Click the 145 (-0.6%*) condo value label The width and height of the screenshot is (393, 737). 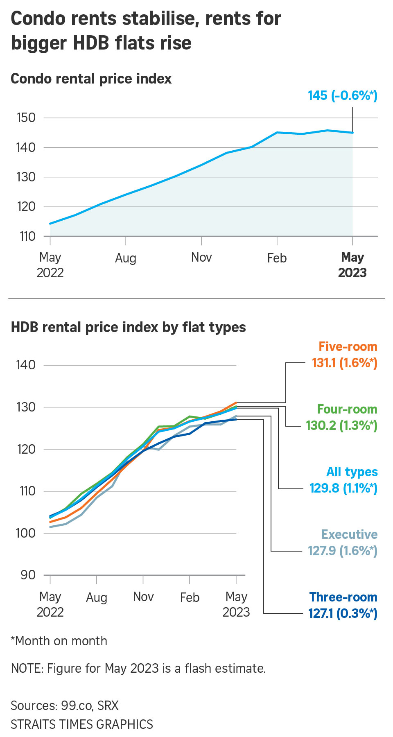click(x=342, y=95)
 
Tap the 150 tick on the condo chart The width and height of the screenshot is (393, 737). click(x=26, y=118)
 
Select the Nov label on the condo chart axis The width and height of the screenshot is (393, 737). click(x=201, y=258)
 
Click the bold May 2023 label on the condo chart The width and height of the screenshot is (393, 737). click(x=352, y=265)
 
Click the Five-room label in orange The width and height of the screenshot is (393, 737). click(x=348, y=346)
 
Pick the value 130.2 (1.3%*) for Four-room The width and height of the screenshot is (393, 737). click(x=341, y=425)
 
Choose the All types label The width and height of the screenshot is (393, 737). click(x=352, y=472)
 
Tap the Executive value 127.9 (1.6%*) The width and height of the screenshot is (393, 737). click(x=342, y=551)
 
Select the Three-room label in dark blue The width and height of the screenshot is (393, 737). click(x=343, y=597)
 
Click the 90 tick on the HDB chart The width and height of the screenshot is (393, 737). click(x=28, y=575)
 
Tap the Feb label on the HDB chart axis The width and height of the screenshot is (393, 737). click(x=190, y=597)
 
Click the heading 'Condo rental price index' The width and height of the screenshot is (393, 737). click(x=91, y=79)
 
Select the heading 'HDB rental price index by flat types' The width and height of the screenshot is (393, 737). click(x=128, y=327)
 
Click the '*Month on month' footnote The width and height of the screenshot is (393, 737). click(x=59, y=641)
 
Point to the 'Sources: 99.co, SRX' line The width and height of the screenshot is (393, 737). click(x=65, y=705)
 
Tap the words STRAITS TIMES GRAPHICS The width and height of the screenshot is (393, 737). click(x=82, y=724)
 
